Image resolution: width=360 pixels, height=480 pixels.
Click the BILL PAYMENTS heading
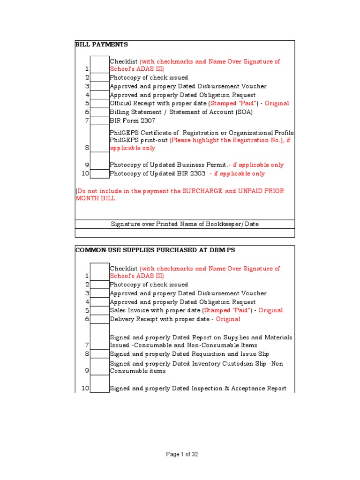pyautogui.click(x=102, y=45)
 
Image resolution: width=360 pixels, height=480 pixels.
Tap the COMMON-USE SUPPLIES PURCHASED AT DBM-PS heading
pyautogui.click(x=155, y=250)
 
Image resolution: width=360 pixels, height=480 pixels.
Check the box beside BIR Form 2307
pyautogui.click(x=99, y=121)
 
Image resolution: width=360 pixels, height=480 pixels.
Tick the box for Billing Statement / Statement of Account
pyautogui.click(x=99, y=112)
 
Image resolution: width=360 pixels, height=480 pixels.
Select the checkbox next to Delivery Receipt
pyautogui.click(x=99, y=319)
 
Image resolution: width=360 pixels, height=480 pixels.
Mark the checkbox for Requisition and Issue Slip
pyautogui.click(x=99, y=354)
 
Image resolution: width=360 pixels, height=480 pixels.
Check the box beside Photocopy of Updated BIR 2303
pyautogui.click(x=99, y=174)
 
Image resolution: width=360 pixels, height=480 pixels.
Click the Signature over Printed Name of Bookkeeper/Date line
pyautogui.click(x=185, y=224)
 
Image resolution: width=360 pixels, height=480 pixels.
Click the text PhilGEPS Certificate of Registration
pyautogui.click(x=159, y=133)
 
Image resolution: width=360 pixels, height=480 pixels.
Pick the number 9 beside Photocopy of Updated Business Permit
pyautogui.click(x=87, y=165)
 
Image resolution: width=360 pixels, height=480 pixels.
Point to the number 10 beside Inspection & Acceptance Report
pyautogui.click(x=85, y=389)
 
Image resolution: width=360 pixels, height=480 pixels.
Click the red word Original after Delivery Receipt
pyautogui.click(x=228, y=319)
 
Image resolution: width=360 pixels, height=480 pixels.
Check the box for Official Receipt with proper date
pyautogui.click(x=99, y=103)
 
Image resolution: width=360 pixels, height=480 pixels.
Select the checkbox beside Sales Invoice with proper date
pyautogui.click(x=99, y=310)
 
